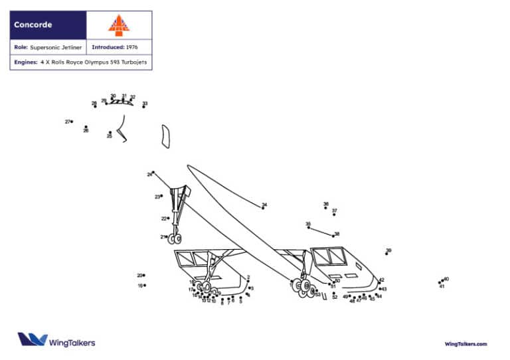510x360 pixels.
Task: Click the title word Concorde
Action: click(x=33, y=25)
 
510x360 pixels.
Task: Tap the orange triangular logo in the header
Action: click(x=119, y=25)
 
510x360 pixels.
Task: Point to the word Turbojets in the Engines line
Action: click(x=133, y=62)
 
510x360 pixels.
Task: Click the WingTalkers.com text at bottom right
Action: click(x=466, y=344)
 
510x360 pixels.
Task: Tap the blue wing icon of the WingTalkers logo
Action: click(x=31, y=339)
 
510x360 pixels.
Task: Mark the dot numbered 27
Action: click(x=72, y=122)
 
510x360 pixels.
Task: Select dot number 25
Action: click(x=110, y=132)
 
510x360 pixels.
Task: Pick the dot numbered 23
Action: click(x=162, y=197)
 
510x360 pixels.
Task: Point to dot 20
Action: click(x=144, y=275)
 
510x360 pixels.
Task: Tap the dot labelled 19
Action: click(x=145, y=286)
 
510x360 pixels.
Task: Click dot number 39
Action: click(x=386, y=254)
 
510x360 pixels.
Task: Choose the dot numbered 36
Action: click(x=326, y=208)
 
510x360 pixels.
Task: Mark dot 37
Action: click(x=334, y=215)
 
